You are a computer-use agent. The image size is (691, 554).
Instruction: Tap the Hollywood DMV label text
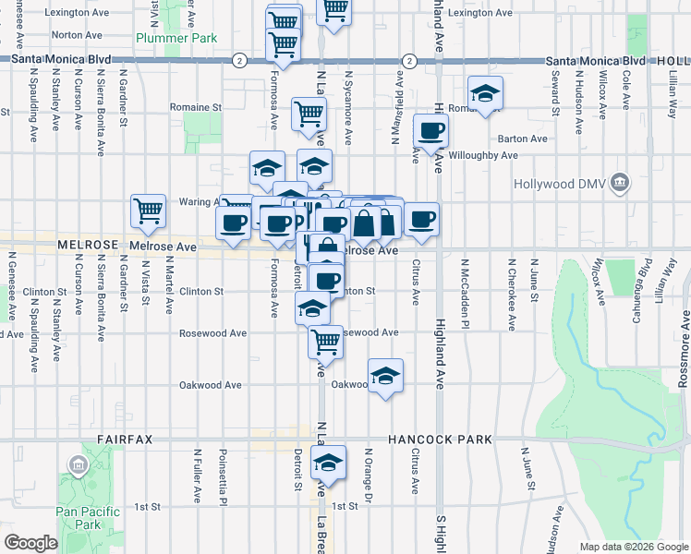tap(567, 184)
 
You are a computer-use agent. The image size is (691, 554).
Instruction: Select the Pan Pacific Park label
tap(77, 517)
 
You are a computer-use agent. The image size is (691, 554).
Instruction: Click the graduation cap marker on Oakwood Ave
tap(385, 376)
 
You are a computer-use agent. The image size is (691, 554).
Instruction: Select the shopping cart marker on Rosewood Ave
tap(325, 342)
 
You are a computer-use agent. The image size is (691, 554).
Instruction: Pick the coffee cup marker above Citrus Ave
tap(421, 220)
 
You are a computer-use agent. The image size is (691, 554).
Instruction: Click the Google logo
tap(30, 543)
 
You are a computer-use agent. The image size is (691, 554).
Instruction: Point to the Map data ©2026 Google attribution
tap(634, 547)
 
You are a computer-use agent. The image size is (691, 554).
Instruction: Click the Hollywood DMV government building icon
tap(621, 183)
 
